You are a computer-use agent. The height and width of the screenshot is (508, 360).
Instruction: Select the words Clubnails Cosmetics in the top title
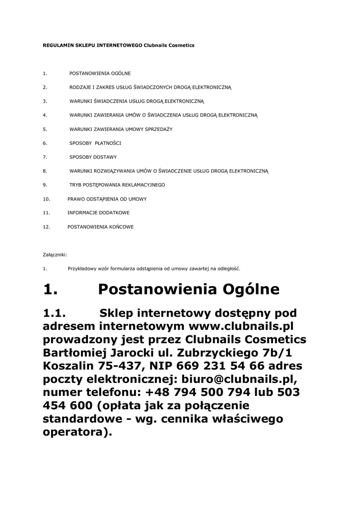169,45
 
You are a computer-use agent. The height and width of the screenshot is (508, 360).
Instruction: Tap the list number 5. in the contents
45,129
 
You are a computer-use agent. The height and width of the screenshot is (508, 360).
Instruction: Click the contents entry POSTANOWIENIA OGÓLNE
100,73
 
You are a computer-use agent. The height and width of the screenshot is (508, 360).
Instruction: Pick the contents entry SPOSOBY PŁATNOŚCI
95,143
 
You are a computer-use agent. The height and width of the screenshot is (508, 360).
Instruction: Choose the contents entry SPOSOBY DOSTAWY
93,157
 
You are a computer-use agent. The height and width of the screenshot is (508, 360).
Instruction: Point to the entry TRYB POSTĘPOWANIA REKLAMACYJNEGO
117,185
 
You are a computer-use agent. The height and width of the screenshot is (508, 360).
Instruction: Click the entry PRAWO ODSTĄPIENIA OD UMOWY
107,199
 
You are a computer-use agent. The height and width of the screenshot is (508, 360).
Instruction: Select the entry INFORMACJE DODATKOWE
98,213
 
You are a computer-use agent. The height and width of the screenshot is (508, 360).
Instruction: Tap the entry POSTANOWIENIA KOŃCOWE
100,227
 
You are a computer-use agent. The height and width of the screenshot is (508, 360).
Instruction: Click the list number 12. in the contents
47,227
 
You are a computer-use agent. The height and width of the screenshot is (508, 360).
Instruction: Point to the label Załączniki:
55,254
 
